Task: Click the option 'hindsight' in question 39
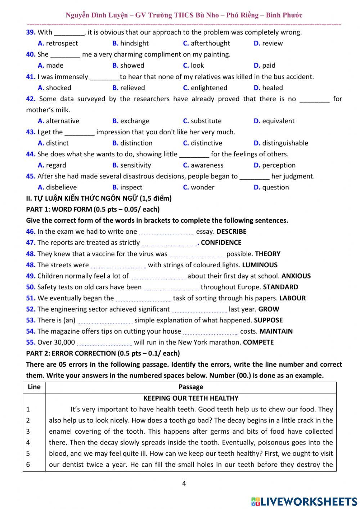click(x=134, y=43)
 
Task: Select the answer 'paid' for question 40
click(x=269, y=66)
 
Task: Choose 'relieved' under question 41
click(x=132, y=88)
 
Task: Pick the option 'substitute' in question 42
click(x=206, y=121)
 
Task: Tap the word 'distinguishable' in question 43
click(x=285, y=143)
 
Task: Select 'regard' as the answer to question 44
click(x=56, y=165)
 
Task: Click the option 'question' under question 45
click(x=275, y=187)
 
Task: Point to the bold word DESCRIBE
click(x=231, y=232)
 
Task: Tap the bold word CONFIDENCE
click(x=221, y=243)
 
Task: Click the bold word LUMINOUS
click(x=260, y=265)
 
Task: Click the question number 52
click(x=31, y=309)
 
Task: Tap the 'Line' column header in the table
click(x=34, y=387)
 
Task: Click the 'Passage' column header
click(x=191, y=387)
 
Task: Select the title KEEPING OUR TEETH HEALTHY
click(x=191, y=398)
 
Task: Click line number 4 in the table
click(x=28, y=442)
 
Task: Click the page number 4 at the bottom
click(x=184, y=483)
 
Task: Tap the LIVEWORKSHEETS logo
click(x=304, y=501)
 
